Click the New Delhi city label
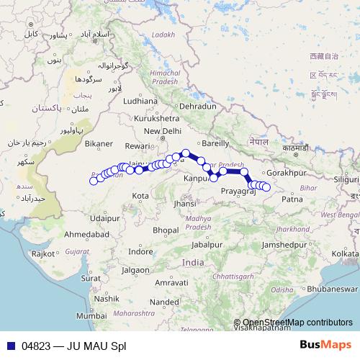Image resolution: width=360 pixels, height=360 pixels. coord(162,131)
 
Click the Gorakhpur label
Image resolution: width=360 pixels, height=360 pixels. coord(287,174)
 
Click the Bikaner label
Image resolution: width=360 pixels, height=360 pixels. coord(99,144)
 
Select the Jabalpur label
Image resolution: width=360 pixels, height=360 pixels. coord(207,244)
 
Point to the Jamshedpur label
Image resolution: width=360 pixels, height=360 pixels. coord(287,245)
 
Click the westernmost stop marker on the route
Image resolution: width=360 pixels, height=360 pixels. coord(93,181)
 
